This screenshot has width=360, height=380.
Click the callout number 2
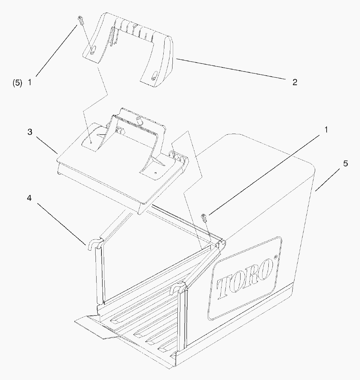pos(295,83)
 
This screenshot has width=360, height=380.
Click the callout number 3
pos(30,132)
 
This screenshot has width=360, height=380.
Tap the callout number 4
pos(29,198)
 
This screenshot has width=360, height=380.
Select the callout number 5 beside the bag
pos(346,163)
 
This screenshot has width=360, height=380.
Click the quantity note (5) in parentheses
pos(17,83)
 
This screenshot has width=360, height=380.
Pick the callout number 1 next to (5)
pos(30,83)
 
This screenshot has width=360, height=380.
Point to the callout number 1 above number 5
pos(326,130)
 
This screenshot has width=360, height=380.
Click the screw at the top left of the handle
pos(81,20)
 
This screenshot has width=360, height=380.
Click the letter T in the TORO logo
pos(224,288)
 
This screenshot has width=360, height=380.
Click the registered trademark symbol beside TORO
pos(275,256)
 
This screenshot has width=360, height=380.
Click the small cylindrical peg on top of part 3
pos(139,120)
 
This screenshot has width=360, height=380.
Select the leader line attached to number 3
pos(47,146)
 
